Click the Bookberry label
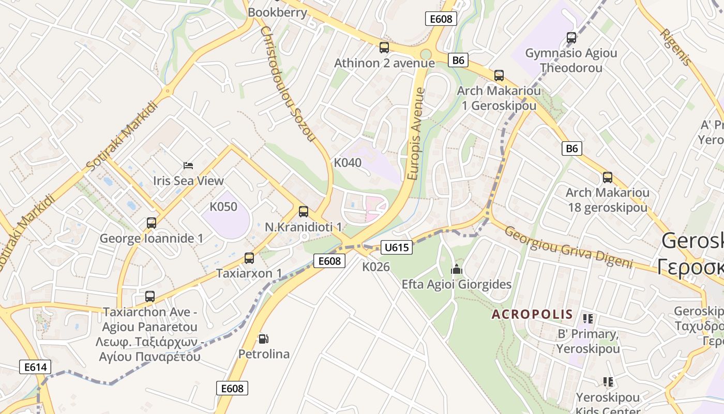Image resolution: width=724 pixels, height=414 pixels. click(x=277, y=12)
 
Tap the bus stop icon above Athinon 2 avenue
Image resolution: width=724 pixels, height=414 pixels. click(x=384, y=48)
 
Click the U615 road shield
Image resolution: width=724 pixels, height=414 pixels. click(x=397, y=247)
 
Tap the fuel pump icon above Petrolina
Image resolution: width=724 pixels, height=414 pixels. click(x=263, y=339)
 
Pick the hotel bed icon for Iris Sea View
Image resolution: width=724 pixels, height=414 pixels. click(x=188, y=166)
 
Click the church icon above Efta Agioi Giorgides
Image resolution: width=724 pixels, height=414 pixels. click(x=456, y=269)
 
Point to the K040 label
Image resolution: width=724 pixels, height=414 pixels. click(x=348, y=162)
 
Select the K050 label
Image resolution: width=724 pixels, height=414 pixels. click(x=223, y=207)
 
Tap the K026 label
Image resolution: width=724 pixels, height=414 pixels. click(x=376, y=267)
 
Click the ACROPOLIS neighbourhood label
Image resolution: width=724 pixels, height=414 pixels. click(x=532, y=314)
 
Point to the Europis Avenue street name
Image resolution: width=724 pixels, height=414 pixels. click(x=416, y=134)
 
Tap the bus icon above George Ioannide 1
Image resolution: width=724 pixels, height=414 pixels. click(x=151, y=223)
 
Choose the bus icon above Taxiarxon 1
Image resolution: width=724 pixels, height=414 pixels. click(x=249, y=258)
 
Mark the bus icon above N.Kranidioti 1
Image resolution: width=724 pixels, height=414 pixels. click(x=303, y=211)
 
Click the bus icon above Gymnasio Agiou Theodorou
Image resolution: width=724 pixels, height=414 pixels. click(x=571, y=37)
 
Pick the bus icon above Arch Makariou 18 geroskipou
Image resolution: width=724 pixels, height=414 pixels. click(x=607, y=178)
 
